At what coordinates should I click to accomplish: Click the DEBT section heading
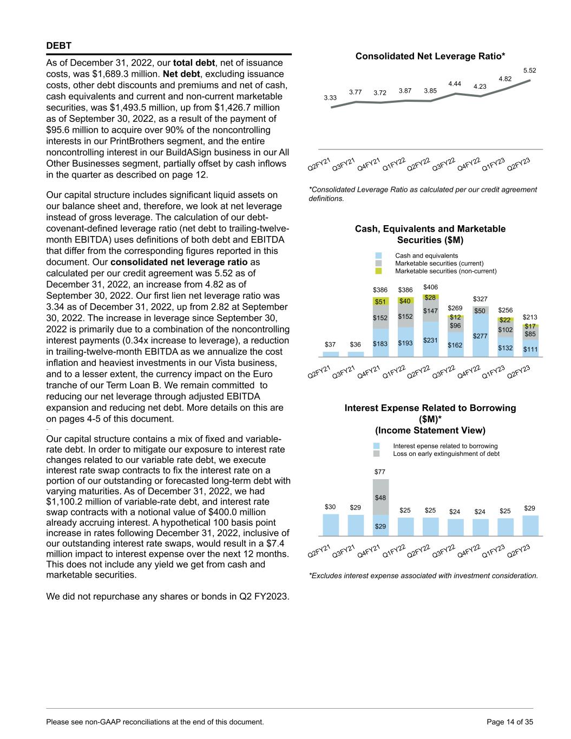click(x=59, y=45)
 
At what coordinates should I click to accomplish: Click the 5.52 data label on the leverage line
click(x=529, y=70)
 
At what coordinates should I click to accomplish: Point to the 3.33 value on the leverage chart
click(x=330, y=98)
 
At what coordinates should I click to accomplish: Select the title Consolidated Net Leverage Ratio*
click(x=430, y=56)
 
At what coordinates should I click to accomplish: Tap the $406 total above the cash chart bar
click(x=431, y=287)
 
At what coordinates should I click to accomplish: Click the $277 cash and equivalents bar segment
click(x=480, y=336)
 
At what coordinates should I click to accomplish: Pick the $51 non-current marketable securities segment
click(x=380, y=302)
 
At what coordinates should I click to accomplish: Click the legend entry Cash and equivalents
click(x=426, y=256)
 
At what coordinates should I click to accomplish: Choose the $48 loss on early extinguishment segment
click(x=380, y=498)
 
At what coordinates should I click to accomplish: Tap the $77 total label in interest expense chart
click(x=380, y=472)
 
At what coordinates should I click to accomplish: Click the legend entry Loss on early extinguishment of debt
click(x=446, y=454)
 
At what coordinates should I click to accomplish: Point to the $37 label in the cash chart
click(x=330, y=344)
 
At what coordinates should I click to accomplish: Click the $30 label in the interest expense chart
click(x=330, y=507)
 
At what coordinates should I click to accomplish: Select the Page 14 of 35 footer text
click(x=510, y=722)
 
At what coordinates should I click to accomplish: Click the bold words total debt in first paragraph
click(x=193, y=63)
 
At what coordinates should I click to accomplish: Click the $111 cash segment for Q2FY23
click(x=530, y=350)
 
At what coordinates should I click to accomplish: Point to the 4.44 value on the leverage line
click(x=455, y=83)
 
